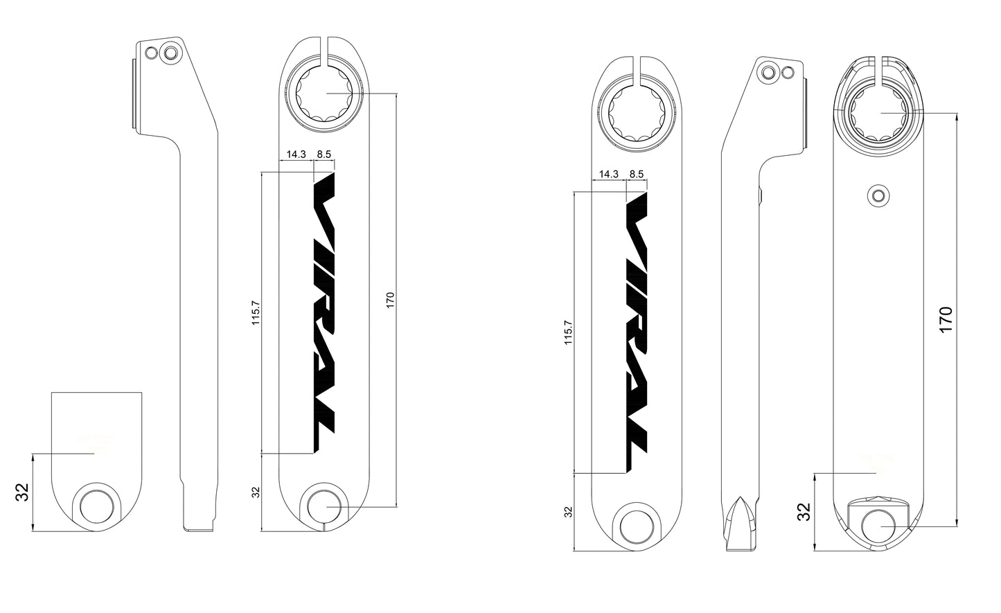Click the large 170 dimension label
click(946, 319)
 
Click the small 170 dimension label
click(390, 300)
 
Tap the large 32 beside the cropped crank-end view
click(22, 492)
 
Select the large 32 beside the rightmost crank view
click(804, 512)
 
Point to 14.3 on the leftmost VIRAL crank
click(296, 154)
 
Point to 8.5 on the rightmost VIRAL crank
click(636, 174)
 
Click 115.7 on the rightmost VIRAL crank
click(569, 332)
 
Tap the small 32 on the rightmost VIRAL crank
click(569, 512)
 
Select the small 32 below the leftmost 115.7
click(256, 492)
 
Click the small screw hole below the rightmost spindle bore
click(879, 195)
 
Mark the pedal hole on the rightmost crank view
click(878, 525)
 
